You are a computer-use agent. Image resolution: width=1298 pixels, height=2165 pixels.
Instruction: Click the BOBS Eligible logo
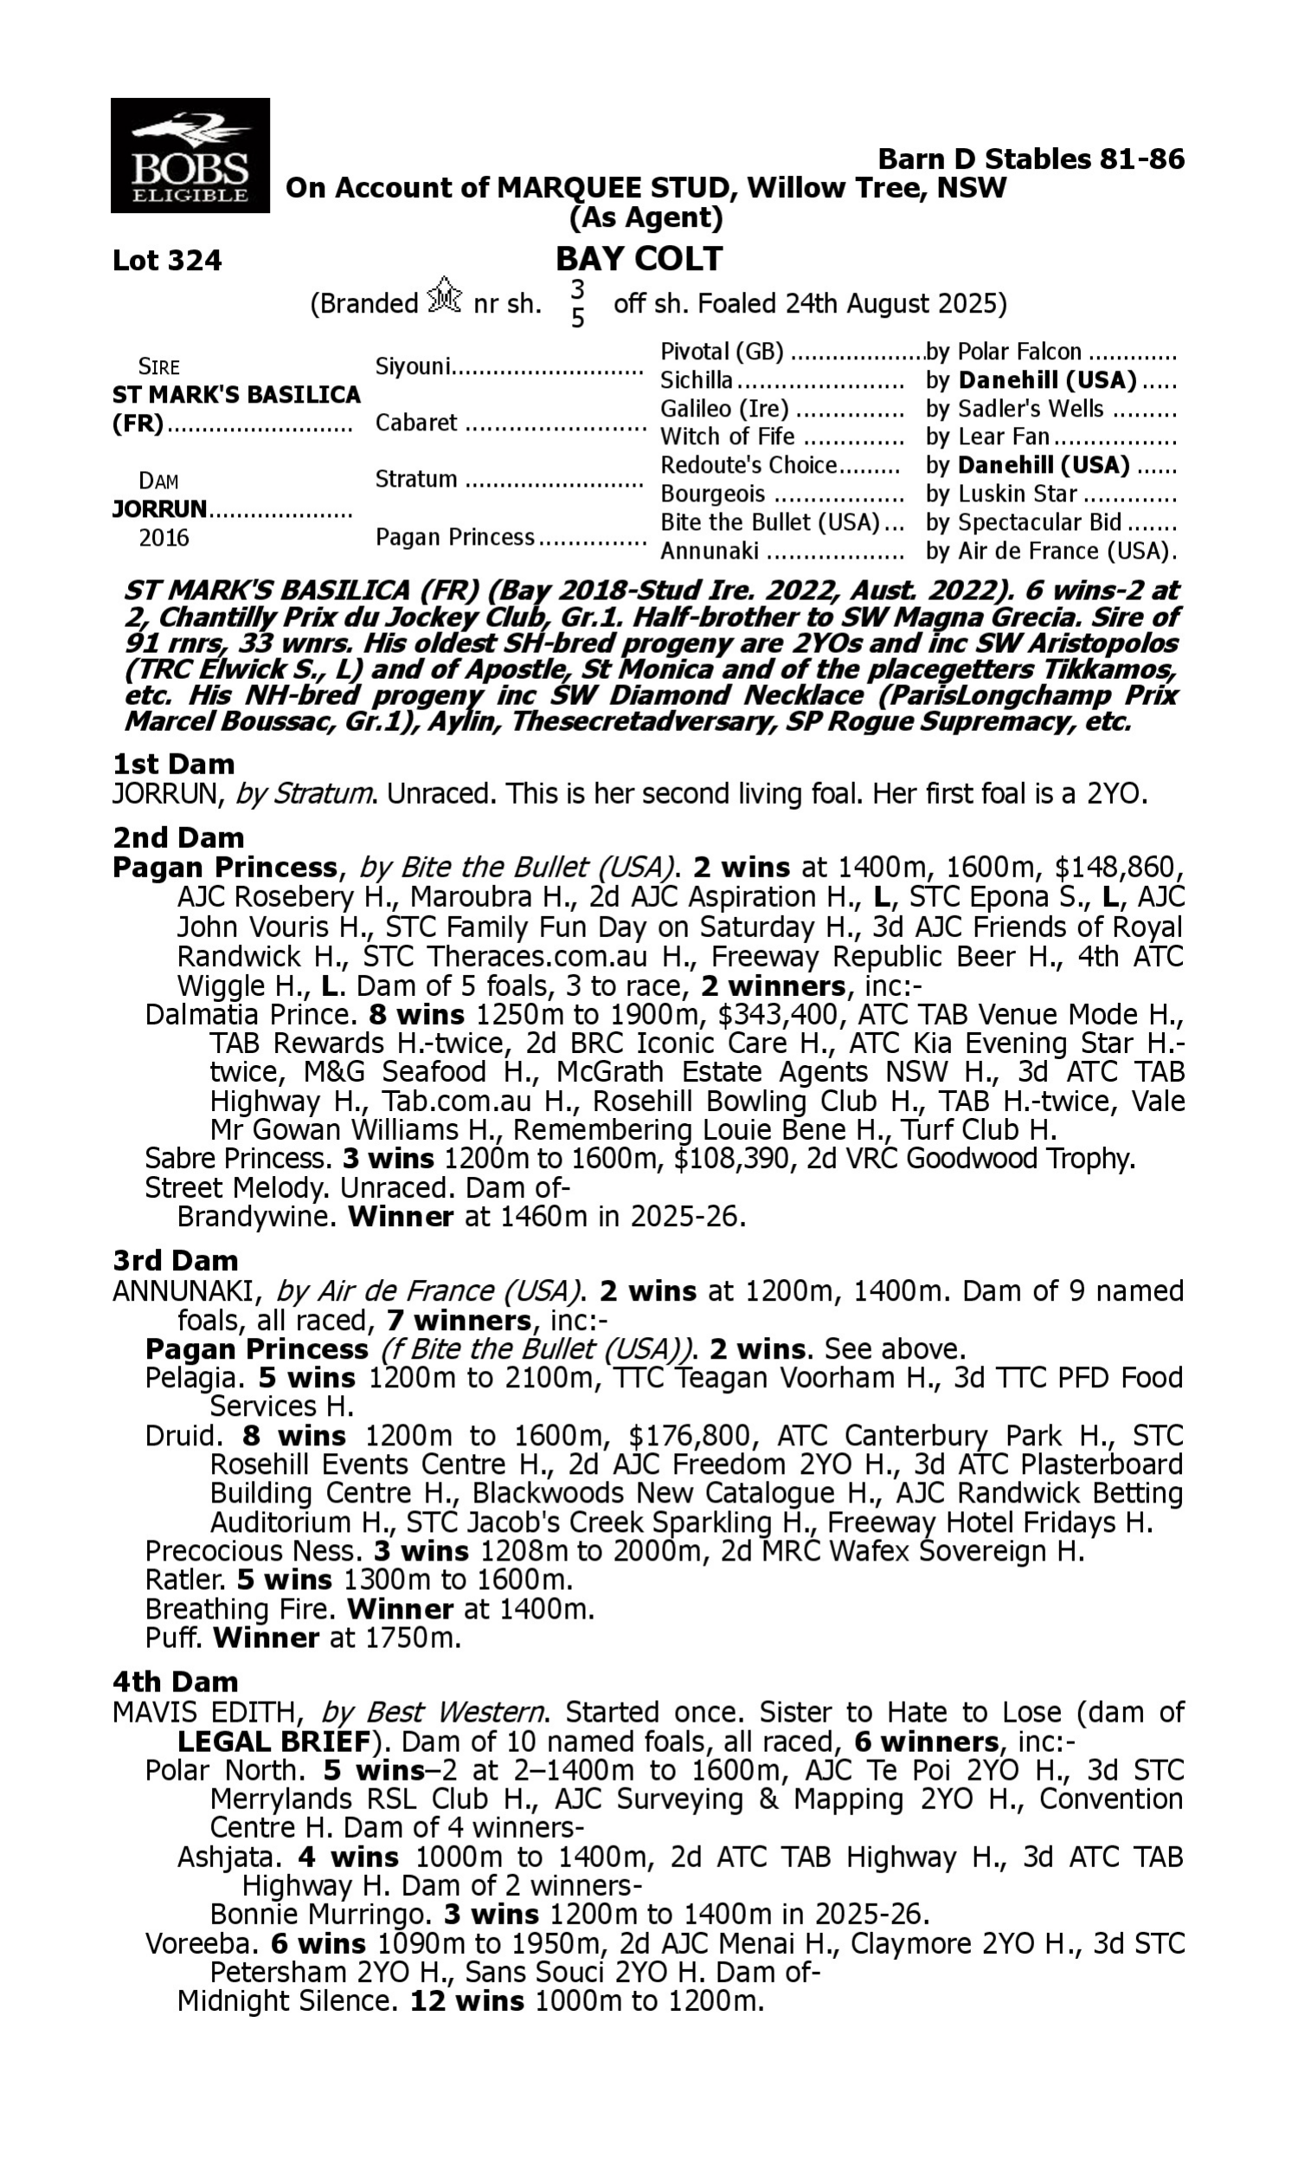190,156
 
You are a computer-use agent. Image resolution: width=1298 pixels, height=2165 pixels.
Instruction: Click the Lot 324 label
167,260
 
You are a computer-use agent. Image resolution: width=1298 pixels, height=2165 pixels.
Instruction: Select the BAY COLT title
639,258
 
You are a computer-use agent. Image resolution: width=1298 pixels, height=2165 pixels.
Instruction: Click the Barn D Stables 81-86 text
1031,158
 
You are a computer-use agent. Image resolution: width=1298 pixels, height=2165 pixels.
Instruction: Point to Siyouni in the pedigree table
413,366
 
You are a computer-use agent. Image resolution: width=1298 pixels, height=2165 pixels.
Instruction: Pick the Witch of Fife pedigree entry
727,436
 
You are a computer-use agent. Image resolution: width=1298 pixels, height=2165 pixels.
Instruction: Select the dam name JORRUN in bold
159,508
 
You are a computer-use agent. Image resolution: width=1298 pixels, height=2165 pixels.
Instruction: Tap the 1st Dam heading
173,764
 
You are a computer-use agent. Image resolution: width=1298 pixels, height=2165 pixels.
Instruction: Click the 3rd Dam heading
175,1260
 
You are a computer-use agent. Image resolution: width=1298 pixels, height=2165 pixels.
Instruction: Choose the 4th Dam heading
175,1681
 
